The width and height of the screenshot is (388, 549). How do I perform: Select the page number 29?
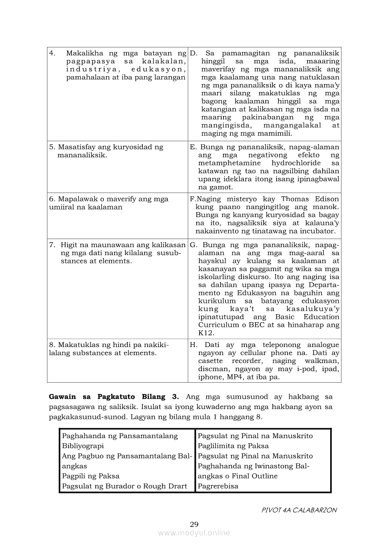(194, 525)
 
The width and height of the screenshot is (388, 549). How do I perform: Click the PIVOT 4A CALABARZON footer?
(299, 510)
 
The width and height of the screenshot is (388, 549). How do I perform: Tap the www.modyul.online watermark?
(194, 533)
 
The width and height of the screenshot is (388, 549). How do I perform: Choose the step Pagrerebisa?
(218, 486)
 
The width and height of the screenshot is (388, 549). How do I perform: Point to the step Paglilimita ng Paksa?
(233, 446)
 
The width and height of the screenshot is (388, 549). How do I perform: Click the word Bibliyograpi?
(83, 446)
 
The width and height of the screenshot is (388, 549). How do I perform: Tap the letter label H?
(193, 345)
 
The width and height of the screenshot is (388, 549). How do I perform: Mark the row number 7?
(52, 245)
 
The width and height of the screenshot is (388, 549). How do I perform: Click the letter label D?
(193, 54)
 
